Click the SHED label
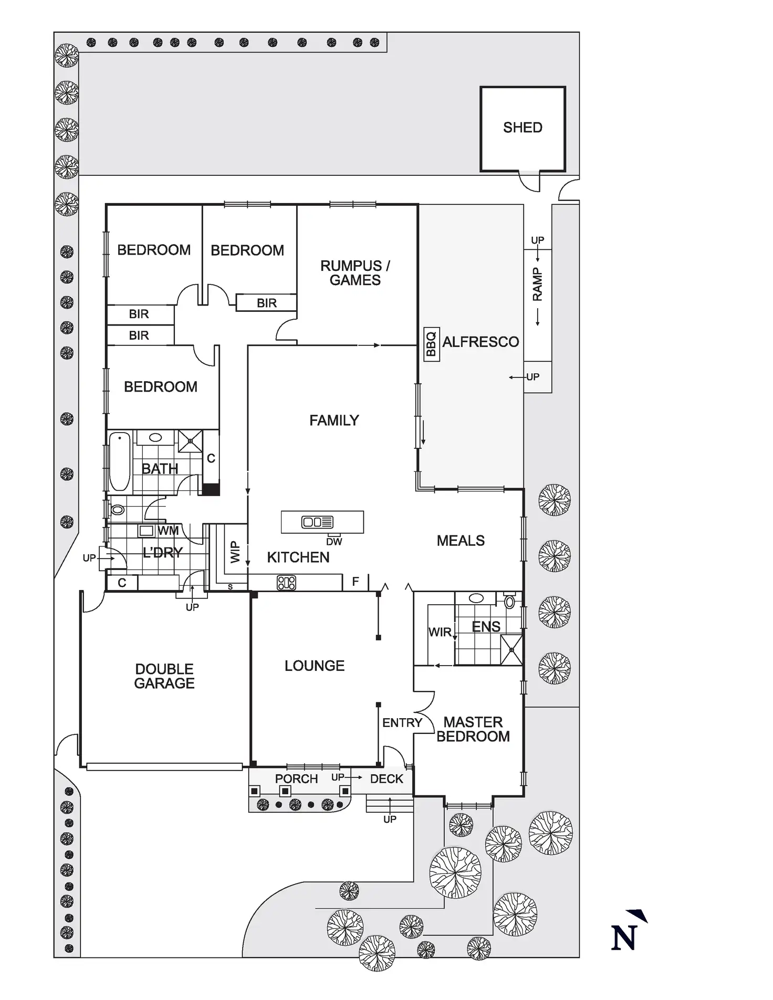pos(523,128)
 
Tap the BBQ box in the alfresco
pos(431,344)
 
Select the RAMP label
pos(537,284)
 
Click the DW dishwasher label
pos(334,542)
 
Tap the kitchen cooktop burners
pos(286,583)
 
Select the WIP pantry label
pos(235,552)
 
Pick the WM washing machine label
pos(168,531)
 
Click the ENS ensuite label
pos(486,627)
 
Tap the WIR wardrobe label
pos(440,632)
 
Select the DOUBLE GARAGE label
pos(164,676)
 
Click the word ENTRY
pos(402,723)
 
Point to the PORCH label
pos(296,779)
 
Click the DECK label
pos(386,779)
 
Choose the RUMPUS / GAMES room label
pos(355,273)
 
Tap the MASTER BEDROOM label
pos(473,729)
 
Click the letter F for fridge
pos(356,582)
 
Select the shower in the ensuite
pos(511,650)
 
